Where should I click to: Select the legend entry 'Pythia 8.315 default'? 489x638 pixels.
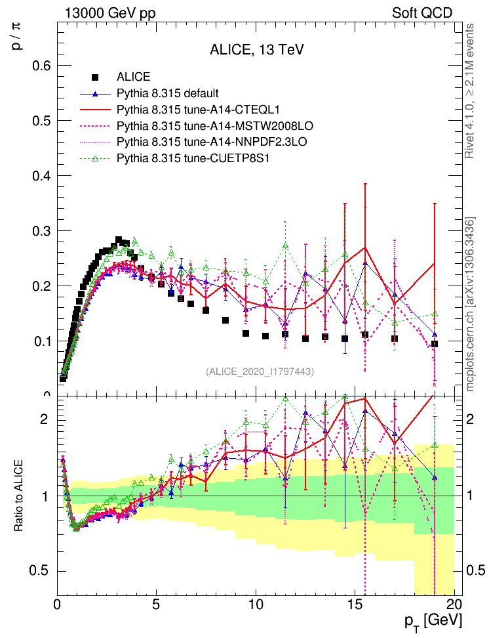167,93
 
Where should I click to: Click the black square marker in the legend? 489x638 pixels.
96,77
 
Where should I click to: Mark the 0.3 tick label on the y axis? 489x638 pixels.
41,231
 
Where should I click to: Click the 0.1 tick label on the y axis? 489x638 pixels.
41,341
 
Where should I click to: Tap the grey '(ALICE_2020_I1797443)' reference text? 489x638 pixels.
260,372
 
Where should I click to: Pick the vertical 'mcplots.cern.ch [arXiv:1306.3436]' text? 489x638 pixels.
470,304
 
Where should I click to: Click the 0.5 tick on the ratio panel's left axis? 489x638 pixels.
41,570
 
